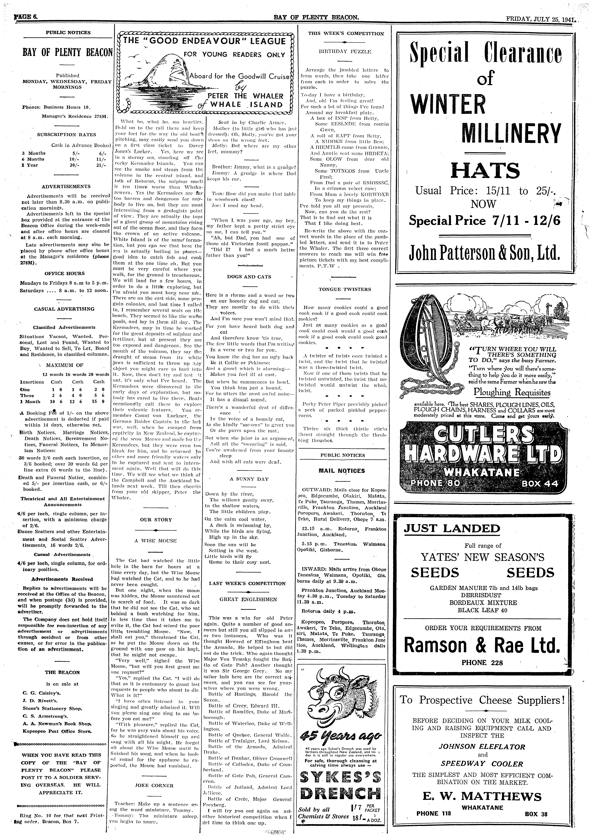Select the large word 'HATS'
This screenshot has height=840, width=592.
[x=485, y=171]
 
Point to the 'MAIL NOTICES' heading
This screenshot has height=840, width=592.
[x=342, y=471]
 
